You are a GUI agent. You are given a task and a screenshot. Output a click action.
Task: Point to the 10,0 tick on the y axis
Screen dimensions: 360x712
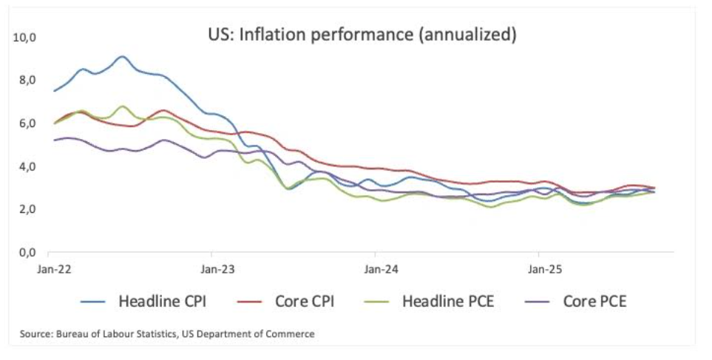pyautogui.click(x=26, y=36)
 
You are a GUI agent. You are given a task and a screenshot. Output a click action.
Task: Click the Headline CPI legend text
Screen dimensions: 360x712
pyautogui.click(x=163, y=302)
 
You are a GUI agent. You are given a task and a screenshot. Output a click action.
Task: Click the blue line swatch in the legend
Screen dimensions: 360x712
pyautogui.click(x=96, y=302)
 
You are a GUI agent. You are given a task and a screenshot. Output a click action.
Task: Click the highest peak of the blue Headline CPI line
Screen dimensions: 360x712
pyautogui.click(x=123, y=56)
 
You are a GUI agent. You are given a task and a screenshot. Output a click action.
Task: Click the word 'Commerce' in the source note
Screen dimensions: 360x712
pyautogui.click(x=293, y=334)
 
